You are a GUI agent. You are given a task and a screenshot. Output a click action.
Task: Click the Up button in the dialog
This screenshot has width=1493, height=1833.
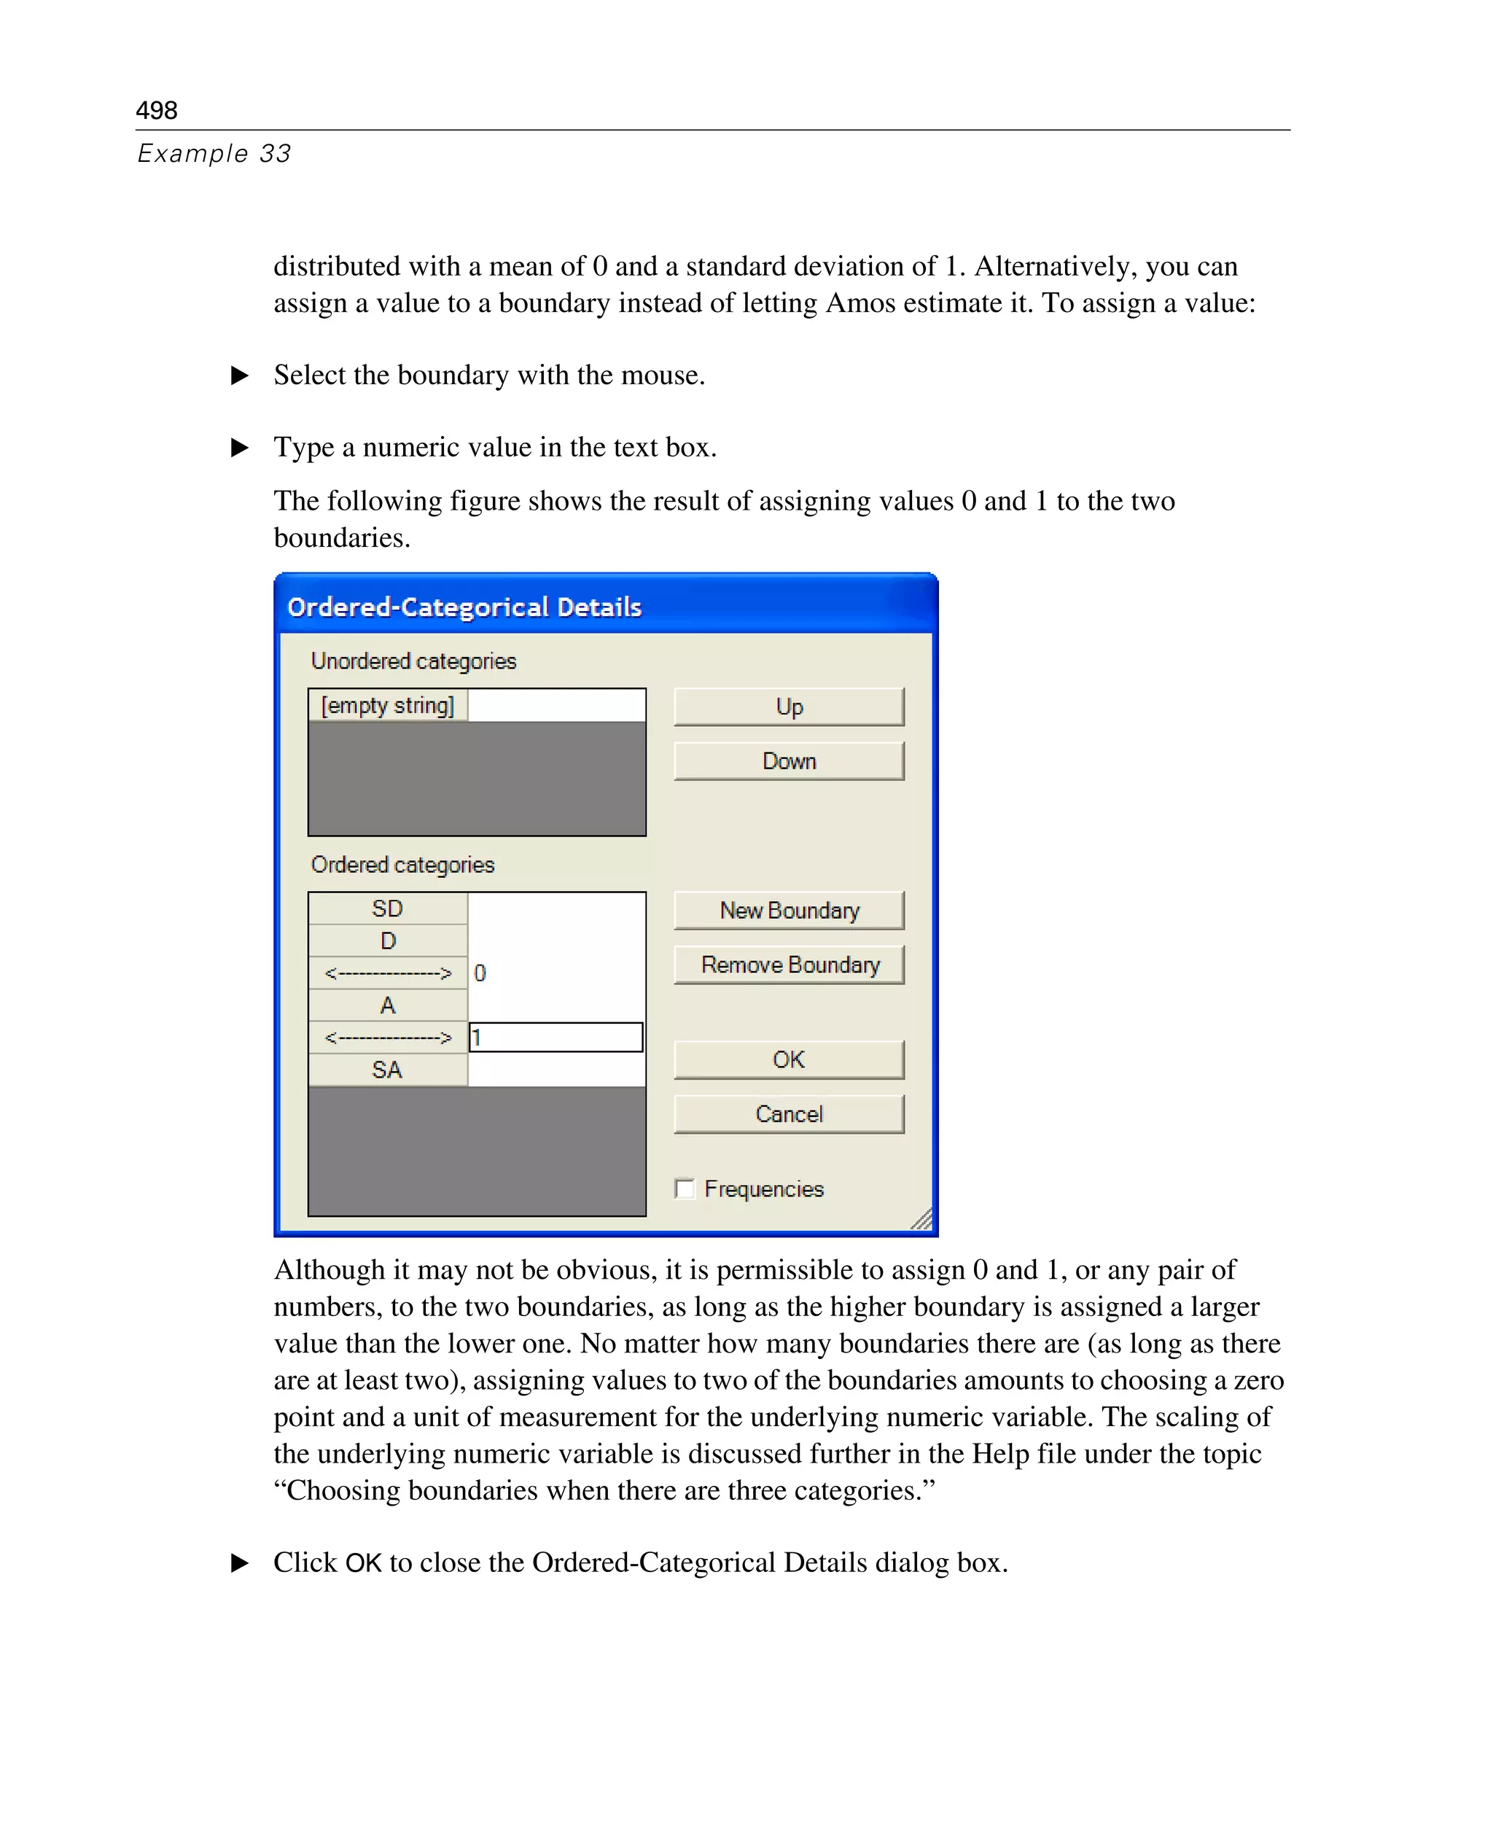(789, 707)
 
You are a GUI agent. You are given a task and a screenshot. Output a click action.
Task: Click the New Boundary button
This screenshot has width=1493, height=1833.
(789, 910)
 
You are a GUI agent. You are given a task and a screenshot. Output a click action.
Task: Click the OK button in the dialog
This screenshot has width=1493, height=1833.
(789, 1059)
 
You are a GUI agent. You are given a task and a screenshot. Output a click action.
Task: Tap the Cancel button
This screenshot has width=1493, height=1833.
(789, 1114)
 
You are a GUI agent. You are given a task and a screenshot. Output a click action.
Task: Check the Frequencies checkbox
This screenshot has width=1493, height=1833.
(685, 1188)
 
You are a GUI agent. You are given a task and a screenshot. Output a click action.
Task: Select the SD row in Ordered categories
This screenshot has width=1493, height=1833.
(388, 908)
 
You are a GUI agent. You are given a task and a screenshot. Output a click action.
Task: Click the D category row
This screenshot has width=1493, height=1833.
(388, 941)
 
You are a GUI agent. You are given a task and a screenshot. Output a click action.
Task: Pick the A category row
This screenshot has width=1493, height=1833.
(388, 1005)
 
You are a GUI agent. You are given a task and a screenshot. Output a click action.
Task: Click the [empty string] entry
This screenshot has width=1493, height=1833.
(388, 705)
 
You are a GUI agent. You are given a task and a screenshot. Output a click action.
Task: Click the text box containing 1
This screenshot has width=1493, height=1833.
(556, 1038)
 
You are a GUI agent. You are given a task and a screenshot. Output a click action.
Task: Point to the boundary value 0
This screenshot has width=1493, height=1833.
(480, 973)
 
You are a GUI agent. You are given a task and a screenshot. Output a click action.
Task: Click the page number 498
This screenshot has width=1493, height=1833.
(157, 110)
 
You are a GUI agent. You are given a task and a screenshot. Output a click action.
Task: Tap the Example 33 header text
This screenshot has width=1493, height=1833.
(214, 153)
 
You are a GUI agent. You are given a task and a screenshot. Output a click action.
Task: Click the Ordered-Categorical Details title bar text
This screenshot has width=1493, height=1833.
(464, 607)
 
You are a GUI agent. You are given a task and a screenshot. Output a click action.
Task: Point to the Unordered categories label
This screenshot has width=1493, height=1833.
(413, 661)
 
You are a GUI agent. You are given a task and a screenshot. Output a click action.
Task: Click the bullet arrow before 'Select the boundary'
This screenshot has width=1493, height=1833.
(240, 375)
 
